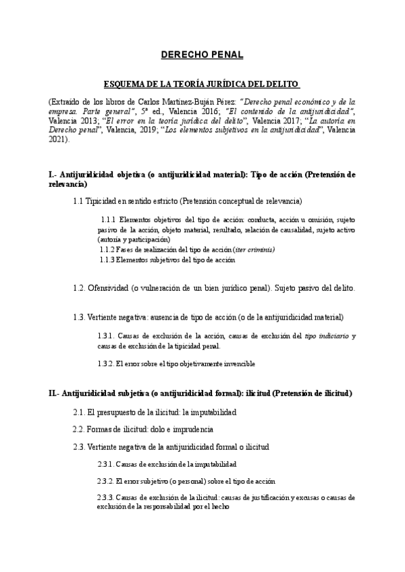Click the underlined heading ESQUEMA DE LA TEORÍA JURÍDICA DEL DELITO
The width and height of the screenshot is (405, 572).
[202, 83]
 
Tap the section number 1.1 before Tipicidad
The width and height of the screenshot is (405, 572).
[79, 201]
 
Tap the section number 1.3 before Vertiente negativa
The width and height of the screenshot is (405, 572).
[80, 316]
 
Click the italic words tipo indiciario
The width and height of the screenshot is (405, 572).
[327, 335]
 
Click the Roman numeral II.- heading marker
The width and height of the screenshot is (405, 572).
[55, 393]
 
